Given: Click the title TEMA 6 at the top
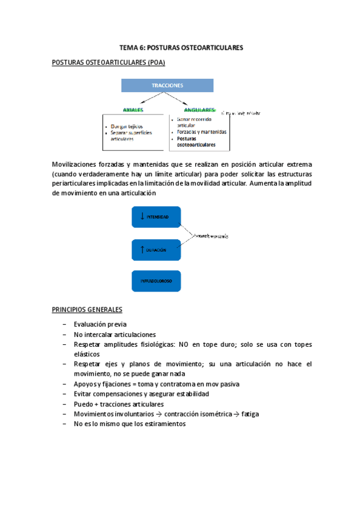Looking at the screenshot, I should point(181,47).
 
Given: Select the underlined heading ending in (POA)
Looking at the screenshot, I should point(108,62).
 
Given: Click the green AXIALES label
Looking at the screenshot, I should point(133,110).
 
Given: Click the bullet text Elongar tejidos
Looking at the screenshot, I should point(126,126).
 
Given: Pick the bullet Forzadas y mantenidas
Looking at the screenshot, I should point(202,132).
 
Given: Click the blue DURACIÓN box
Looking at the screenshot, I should point(156,249).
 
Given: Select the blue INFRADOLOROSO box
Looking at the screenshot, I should point(156,281).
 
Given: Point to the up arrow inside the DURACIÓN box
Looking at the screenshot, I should point(142,249).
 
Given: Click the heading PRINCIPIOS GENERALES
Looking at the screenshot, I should point(87,309).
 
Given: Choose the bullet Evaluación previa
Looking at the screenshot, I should point(100,324).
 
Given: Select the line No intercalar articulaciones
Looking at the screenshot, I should point(115,334).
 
